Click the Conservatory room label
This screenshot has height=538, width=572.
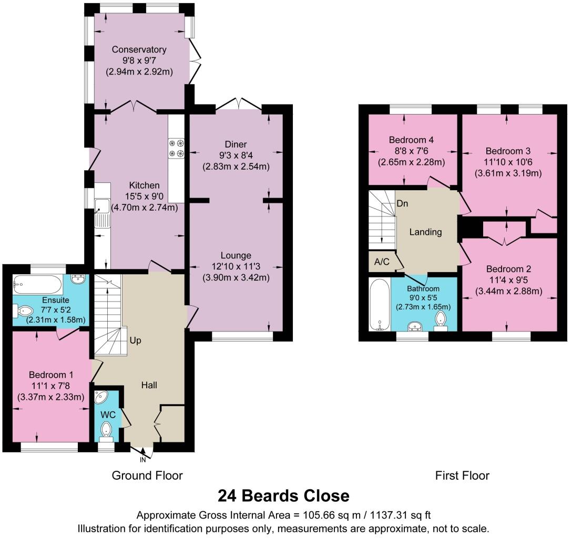(139, 49)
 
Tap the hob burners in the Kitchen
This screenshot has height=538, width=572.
(176, 148)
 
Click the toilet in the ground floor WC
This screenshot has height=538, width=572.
(107, 428)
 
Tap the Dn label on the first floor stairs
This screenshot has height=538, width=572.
(403, 204)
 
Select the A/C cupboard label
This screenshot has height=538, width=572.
(382, 262)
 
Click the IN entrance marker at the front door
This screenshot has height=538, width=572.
(142, 460)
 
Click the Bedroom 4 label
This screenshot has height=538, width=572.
(411, 140)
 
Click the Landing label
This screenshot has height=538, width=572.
(425, 232)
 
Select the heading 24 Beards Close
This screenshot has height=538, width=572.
(283, 495)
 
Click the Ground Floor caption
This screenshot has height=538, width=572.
(147, 475)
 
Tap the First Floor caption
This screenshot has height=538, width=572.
(462, 475)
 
